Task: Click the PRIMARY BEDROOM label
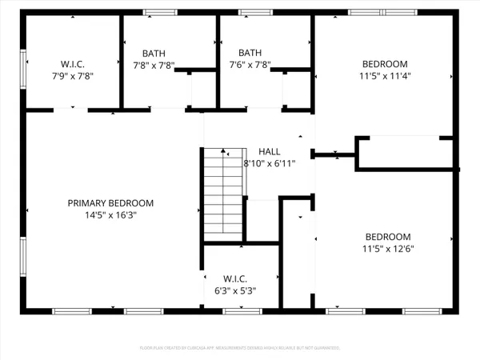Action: (x=110, y=203)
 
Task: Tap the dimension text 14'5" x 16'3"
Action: (x=110, y=215)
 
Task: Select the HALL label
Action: (x=269, y=151)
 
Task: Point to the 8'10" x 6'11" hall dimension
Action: (x=270, y=163)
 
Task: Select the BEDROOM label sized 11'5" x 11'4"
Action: (x=385, y=64)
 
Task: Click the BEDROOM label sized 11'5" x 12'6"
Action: (x=388, y=237)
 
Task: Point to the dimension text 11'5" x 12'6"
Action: (x=388, y=249)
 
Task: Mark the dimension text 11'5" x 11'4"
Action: (x=385, y=76)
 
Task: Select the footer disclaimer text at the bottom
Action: (x=239, y=348)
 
